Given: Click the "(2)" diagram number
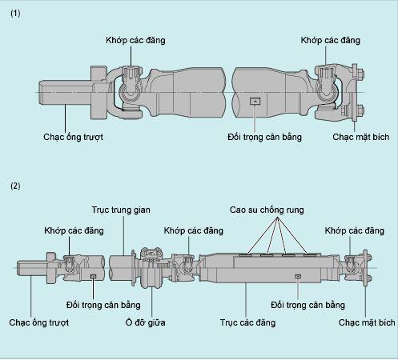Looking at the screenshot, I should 16,186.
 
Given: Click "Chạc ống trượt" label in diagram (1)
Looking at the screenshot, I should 73,137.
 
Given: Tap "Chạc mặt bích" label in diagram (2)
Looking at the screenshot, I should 367,322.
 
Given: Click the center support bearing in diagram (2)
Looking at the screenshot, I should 149,267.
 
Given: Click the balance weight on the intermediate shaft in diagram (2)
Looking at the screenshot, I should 94,277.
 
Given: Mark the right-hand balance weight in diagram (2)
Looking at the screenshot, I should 297,277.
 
